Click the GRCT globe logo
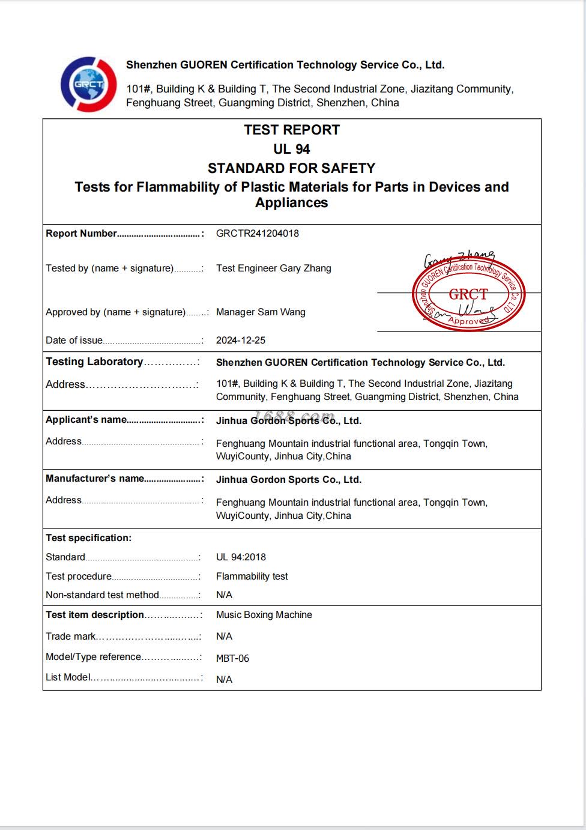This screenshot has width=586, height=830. pos(89,84)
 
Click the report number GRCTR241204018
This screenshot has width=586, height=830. pos(257,233)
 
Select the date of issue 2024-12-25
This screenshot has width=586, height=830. pos(240,340)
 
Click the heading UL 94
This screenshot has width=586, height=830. pos(292,149)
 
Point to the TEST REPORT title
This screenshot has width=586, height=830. pos(292,130)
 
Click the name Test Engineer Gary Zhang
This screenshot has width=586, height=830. pos(273,268)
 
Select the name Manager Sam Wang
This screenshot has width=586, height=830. pos(261,312)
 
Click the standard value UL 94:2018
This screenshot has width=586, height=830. pos(241,557)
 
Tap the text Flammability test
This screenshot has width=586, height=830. pos(252,576)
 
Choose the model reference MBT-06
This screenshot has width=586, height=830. pos(232,658)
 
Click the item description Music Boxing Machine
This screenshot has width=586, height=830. pos(264,614)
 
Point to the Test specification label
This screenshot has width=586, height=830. pos(88,538)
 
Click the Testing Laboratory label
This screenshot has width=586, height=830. pos(94,362)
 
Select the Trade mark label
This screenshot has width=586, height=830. pos(71,636)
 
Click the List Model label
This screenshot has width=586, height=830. pos(68,677)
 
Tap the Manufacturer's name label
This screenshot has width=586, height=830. pos(95,478)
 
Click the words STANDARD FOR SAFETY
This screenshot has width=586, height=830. pos(291,168)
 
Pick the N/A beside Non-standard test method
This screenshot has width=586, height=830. pos(224,595)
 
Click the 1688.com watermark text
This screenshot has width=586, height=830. pos(294,416)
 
